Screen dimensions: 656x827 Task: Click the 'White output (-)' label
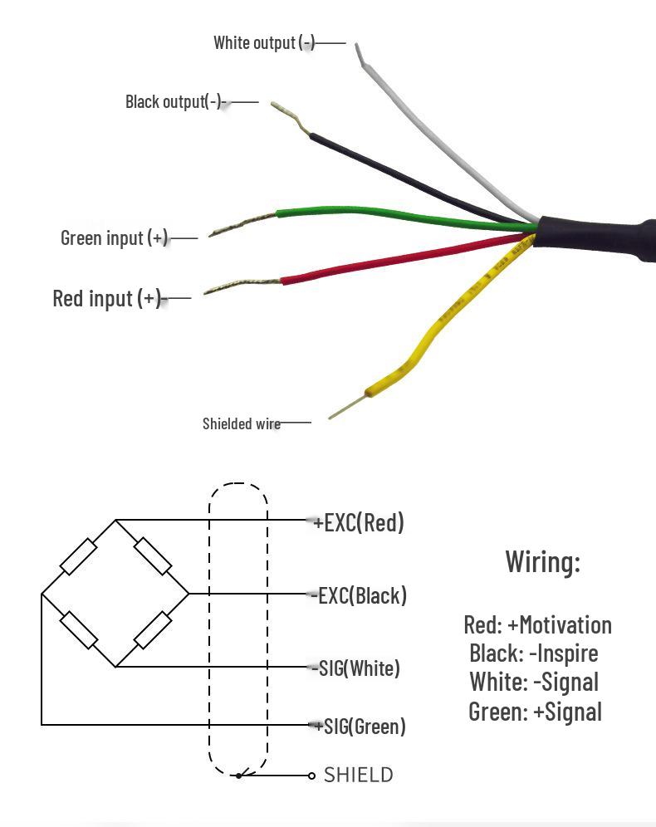point(264,42)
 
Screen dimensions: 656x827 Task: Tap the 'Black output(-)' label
point(175,101)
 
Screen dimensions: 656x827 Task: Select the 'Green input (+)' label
point(114,237)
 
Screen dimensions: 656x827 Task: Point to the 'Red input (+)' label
point(106,299)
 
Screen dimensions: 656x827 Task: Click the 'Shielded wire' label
point(242,423)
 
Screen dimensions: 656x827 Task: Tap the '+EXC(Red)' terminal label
point(359,522)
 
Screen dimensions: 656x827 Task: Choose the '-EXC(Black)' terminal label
point(359,595)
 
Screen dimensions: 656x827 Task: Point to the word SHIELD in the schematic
point(359,775)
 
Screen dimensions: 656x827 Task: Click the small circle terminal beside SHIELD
point(311,776)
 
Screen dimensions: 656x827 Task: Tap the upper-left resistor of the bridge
point(79,556)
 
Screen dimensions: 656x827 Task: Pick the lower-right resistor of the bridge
point(153,630)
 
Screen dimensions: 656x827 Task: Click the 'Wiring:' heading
point(543,561)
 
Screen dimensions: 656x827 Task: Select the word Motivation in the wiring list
point(565,625)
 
